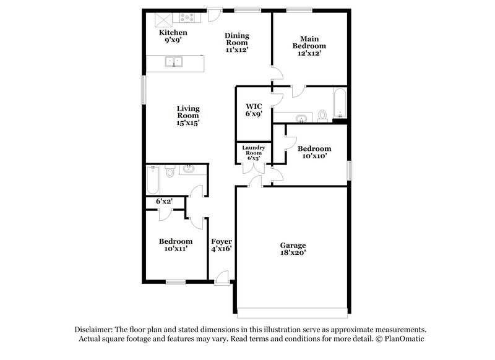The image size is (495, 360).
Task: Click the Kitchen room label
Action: click(x=173, y=32)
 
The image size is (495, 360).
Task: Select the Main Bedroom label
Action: click(x=309, y=41)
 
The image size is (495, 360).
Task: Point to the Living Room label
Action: click(x=188, y=112)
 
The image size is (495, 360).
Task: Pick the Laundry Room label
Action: click(x=254, y=150)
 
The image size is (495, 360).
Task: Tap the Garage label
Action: click(x=293, y=244)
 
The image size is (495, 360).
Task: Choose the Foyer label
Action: click(x=221, y=241)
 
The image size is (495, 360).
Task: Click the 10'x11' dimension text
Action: click(x=175, y=249)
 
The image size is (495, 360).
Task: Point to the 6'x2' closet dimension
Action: click(x=163, y=202)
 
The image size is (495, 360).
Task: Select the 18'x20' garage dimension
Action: click(x=293, y=252)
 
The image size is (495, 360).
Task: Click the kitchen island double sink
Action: click(x=173, y=61)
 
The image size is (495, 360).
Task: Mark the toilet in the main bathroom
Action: click(x=322, y=116)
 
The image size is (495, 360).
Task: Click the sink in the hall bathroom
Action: click(x=188, y=170)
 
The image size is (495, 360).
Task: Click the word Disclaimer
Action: click(x=95, y=330)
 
